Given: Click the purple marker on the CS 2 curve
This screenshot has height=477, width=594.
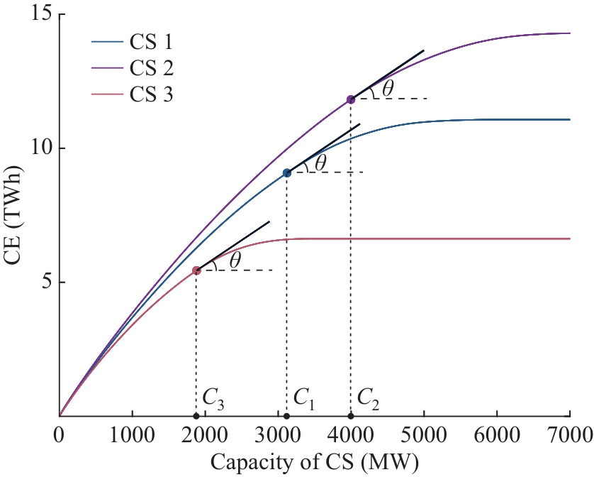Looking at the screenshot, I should point(351,99).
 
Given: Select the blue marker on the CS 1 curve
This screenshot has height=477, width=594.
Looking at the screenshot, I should point(287,172).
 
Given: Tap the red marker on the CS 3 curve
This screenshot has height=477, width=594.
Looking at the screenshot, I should point(196,270).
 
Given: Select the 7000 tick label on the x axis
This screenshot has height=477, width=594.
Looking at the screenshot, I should point(570,433).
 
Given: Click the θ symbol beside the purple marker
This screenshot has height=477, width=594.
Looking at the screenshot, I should point(388,89).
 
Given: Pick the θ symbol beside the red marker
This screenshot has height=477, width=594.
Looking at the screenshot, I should point(235,260).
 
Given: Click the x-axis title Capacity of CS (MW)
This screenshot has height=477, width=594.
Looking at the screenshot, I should point(315,462).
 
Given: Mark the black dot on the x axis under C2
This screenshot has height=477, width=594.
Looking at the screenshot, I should point(351,416).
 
